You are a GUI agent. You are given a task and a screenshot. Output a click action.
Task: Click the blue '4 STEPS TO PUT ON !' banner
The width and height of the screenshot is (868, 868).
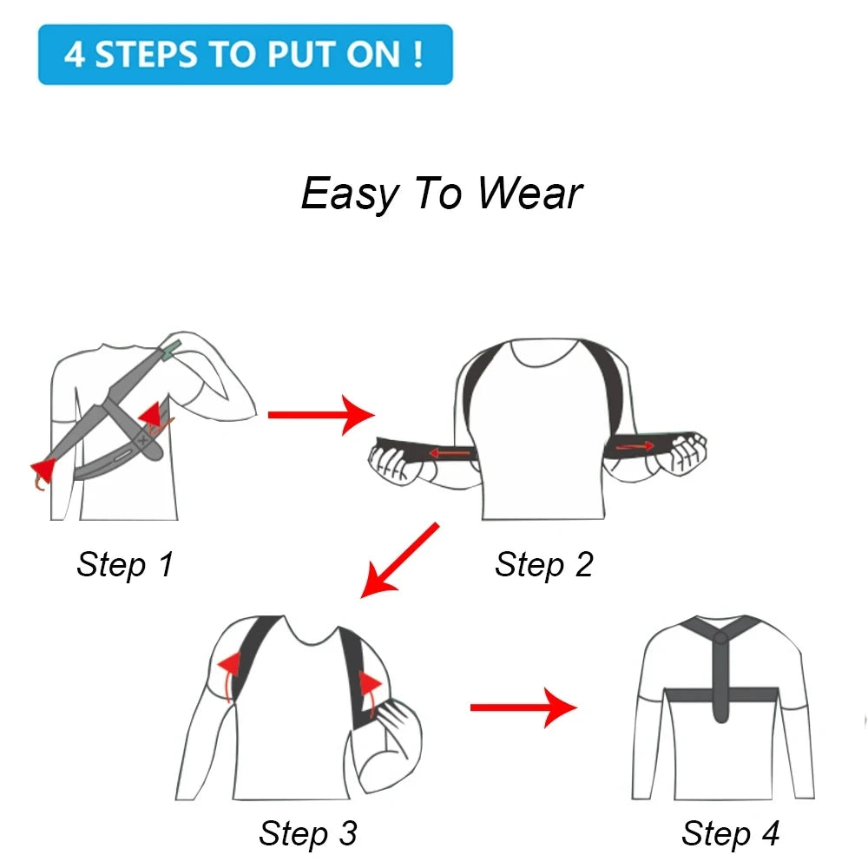[246, 54]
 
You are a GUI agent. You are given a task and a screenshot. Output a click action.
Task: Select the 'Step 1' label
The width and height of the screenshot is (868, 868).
[125, 565]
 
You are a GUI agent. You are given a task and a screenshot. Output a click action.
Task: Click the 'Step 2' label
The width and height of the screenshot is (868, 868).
[543, 565]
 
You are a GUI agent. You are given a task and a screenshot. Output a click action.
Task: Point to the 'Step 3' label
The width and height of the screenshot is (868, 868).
[307, 833]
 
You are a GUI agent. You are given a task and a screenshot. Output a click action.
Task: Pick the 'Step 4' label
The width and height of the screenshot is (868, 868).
[730, 833]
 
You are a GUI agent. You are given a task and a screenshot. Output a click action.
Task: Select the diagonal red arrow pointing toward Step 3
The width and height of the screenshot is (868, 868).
[399, 560]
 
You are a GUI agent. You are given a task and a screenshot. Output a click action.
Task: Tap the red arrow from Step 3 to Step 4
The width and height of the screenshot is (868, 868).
[523, 708]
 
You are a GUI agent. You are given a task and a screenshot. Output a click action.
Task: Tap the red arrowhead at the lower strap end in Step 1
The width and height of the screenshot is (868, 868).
[43, 470]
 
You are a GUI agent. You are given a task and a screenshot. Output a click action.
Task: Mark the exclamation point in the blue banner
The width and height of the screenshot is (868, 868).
[418, 54]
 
